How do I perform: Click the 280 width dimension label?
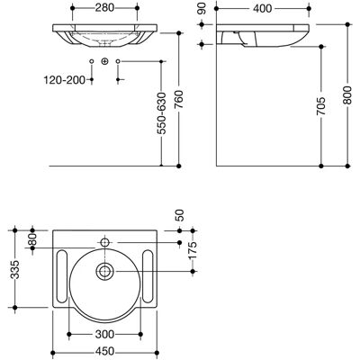104,8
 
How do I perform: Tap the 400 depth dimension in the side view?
263,8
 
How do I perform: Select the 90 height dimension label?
202,8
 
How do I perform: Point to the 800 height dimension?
347,95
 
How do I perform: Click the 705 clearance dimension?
321,106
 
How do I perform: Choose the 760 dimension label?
179,100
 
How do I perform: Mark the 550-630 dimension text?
161,113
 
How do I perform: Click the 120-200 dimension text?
65,80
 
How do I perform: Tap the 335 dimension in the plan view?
15,269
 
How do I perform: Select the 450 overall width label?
104,351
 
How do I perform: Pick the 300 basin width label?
104,334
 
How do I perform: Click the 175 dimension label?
193,250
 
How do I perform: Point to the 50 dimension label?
180,215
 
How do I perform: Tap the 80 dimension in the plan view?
33,239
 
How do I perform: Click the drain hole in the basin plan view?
104,272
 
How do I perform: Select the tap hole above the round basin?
104,242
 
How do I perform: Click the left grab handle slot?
62,276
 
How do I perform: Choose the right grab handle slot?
148,276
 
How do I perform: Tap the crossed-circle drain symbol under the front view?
104,61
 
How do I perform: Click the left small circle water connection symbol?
92,61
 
